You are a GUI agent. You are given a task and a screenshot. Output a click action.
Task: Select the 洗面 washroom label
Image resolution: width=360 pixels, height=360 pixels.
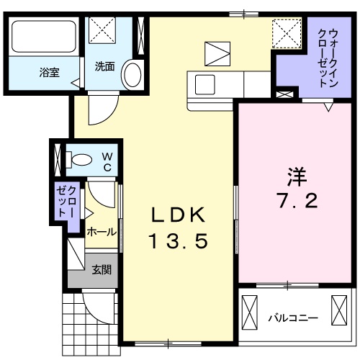coord(104,67)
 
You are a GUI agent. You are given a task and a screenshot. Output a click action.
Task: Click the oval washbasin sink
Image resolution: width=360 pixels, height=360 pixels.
coord(132,74)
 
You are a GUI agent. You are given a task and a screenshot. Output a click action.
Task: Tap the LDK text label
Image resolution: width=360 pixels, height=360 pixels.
coord(179,215)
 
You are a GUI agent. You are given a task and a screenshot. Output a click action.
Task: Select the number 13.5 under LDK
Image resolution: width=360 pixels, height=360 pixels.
coord(179,242)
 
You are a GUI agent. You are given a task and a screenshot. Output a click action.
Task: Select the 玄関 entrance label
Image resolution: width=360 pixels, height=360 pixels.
coord(101,270)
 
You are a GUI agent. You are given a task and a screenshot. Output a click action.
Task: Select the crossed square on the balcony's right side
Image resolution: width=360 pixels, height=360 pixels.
coord(339,310)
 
